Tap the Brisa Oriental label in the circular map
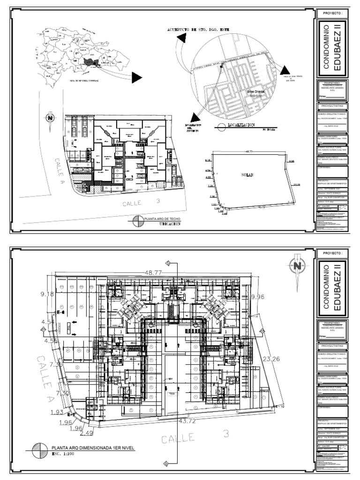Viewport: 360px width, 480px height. click(256, 92)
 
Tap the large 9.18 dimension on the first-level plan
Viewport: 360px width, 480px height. click(45, 294)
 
